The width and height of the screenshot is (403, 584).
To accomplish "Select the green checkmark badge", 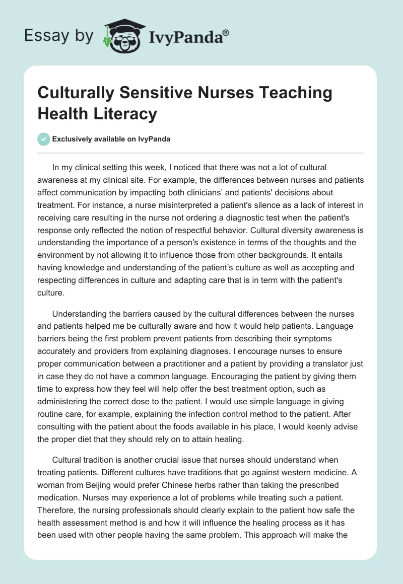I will coord(44,139).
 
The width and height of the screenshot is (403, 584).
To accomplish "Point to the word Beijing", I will coord(91,485).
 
